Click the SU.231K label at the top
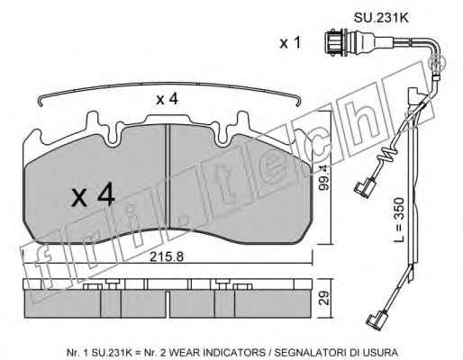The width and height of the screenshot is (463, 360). (381, 18)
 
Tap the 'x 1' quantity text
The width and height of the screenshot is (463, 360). (290, 43)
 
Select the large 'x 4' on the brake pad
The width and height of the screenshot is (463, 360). (93, 194)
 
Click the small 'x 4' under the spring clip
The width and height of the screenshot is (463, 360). (167, 99)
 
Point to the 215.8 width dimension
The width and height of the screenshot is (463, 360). (167, 256)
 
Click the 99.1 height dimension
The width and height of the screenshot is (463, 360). (324, 178)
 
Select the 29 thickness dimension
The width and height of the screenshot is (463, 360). (324, 298)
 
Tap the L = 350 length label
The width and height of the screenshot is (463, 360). (399, 220)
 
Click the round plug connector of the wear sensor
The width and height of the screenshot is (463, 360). (336, 43)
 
